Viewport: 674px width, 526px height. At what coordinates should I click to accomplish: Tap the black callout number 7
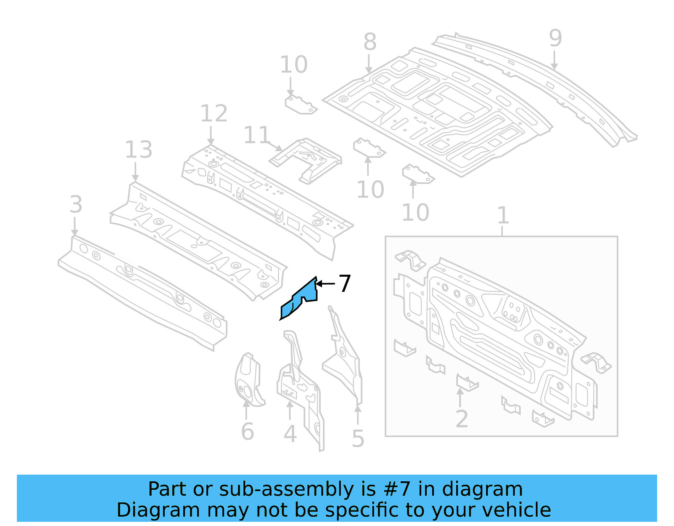[345, 283]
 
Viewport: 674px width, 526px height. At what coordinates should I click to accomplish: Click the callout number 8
[369, 42]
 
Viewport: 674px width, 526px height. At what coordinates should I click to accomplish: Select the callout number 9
[555, 38]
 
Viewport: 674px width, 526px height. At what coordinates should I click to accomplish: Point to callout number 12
[214, 114]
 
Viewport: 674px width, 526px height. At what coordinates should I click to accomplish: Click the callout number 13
[139, 150]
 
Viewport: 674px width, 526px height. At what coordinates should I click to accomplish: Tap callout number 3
[76, 205]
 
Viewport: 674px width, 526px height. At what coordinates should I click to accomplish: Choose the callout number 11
[257, 135]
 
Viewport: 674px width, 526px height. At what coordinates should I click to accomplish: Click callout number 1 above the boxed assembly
[503, 216]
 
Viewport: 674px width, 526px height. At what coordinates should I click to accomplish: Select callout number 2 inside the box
[462, 419]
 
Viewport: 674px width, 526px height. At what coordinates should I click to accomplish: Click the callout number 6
[247, 432]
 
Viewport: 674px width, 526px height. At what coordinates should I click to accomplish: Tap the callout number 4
[290, 434]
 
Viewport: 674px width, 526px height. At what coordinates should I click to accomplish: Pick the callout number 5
[358, 439]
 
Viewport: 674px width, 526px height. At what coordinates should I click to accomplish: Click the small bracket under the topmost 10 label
[300, 105]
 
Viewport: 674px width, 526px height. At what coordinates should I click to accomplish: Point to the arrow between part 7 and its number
[325, 284]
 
